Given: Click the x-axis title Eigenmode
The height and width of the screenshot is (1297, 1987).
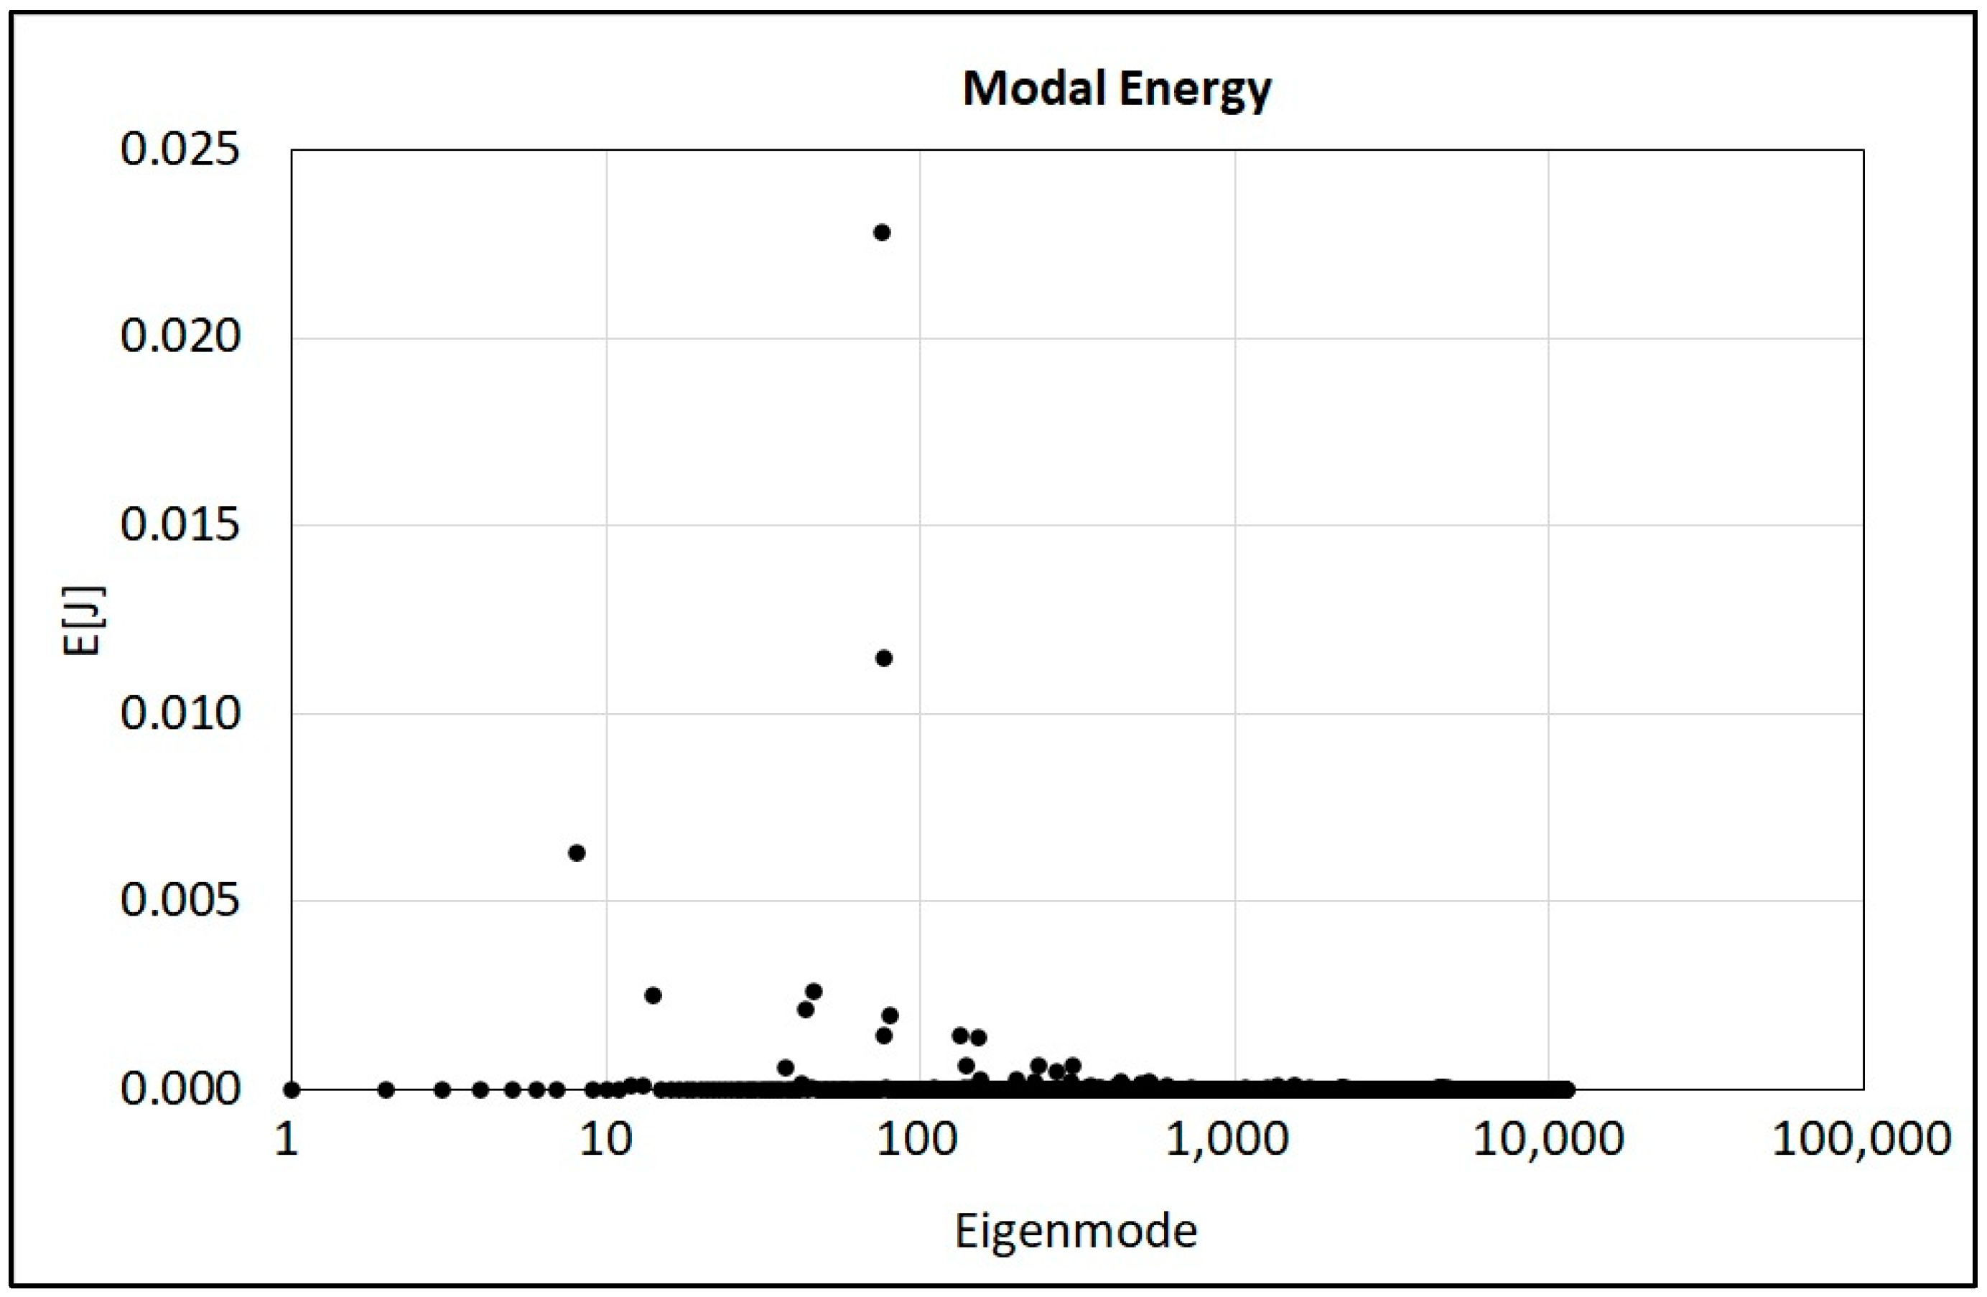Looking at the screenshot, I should tap(1075, 1230).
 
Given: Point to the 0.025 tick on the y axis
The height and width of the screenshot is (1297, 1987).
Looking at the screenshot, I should tap(180, 150).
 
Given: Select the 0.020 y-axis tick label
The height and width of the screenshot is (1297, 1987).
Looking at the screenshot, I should tap(180, 337).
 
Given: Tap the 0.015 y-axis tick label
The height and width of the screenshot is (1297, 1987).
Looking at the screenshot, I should tap(180, 525).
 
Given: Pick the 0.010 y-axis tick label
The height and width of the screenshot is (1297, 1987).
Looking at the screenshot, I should tap(180, 713).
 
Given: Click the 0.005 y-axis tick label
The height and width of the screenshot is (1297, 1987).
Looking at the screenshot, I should tap(180, 901).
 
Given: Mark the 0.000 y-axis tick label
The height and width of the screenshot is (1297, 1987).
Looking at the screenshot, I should tap(180, 1089).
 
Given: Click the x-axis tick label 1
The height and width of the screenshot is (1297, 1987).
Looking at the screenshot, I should tap(287, 1138).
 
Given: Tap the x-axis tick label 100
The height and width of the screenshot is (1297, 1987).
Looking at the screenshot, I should tap(918, 1138).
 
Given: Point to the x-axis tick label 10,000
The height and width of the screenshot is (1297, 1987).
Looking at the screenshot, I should tap(1547, 1138).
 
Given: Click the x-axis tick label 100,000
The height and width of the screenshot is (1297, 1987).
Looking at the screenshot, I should tap(1861, 1138).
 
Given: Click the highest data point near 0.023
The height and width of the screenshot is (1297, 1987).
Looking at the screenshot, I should tap(882, 232).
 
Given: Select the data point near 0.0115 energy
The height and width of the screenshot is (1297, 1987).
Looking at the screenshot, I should tap(883, 658).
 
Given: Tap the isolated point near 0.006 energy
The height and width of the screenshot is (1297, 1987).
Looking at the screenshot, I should tap(576, 852).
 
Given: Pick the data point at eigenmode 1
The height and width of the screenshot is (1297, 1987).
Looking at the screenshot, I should tap(292, 1089).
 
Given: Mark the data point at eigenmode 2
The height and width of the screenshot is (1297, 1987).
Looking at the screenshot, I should tap(386, 1089).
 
